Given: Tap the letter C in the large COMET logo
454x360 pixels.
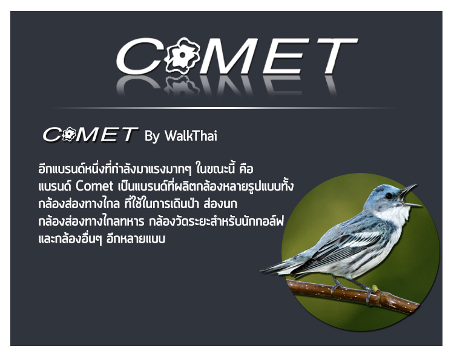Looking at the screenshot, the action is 139,56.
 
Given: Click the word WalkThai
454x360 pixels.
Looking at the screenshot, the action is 191,136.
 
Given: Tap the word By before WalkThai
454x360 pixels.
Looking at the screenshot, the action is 153,137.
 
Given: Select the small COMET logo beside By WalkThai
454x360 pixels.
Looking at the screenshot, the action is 90,134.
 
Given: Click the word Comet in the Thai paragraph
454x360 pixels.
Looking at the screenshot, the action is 94,186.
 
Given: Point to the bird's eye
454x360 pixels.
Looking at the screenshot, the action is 388,195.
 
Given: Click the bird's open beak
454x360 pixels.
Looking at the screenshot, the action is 410,196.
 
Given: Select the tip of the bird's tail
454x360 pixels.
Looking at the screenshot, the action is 262,271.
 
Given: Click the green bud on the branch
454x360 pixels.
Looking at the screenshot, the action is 375,288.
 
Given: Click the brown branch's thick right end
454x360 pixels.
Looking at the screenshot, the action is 413,307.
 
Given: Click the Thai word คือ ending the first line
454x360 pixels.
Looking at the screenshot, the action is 246,169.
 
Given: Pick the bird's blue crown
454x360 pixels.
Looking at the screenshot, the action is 382,188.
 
